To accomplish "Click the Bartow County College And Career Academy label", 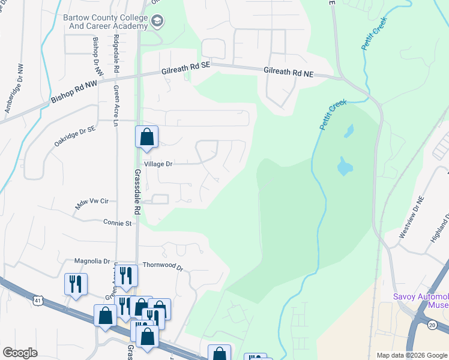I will pos(105,22).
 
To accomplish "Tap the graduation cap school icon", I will pos(158,22).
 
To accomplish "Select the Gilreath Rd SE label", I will pos(186,71).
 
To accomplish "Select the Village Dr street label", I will pos(158,163).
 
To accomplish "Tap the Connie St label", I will pos(118,223).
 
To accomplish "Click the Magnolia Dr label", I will pos(92,261).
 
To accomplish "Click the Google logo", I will pos(20,353).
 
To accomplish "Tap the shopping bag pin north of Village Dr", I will pos(146,137).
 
